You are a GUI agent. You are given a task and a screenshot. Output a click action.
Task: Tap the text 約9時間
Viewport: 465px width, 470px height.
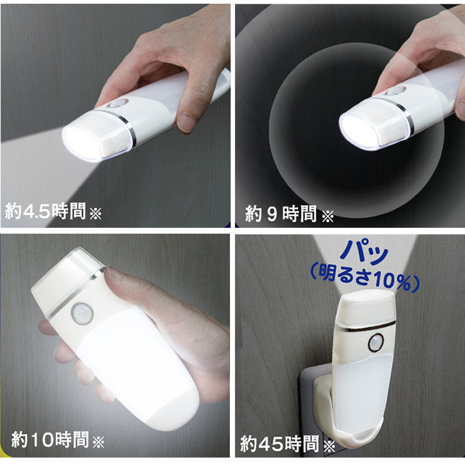point(281,215)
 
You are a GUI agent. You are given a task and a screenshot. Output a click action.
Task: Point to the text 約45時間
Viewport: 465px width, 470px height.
point(280,443)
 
